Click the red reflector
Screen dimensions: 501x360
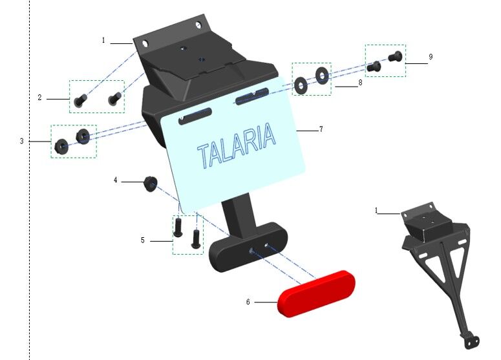click(x=316, y=294)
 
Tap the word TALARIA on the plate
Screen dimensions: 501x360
click(x=237, y=145)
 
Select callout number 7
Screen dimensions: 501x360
click(x=321, y=129)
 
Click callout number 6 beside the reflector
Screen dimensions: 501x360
click(x=248, y=302)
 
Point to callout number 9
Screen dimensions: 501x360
click(x=431, y=57)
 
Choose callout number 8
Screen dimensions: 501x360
click(x=361, y=83)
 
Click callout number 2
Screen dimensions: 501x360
click(x=39, y=98)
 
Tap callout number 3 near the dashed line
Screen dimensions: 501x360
click(x=22, y=141)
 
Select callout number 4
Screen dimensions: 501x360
click(x=116, y=180)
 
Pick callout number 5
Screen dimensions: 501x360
click(x=142, y=240)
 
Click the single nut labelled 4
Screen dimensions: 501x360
click(x=150, y=184)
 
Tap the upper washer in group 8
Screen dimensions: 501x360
click(x=322, y=76)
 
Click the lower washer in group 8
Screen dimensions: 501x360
click(x=301, y=85)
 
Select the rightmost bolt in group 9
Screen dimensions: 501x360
click(x=395, y=56)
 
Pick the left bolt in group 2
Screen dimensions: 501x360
click(x=80, y=100)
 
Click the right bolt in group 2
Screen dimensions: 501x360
click(x=114, y=98)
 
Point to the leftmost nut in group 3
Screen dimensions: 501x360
click(x=59, y=146)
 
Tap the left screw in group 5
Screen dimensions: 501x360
click(x=178, y=227)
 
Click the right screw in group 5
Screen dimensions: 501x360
click(x=196, y=239)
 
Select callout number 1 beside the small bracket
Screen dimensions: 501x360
click(x=376, y=211)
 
